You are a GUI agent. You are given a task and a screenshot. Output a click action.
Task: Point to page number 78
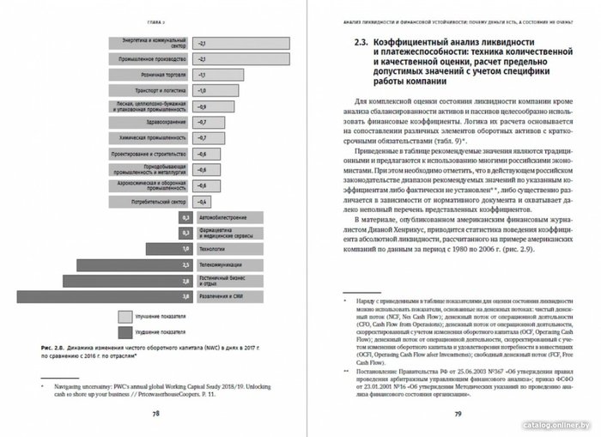point(156,411)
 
